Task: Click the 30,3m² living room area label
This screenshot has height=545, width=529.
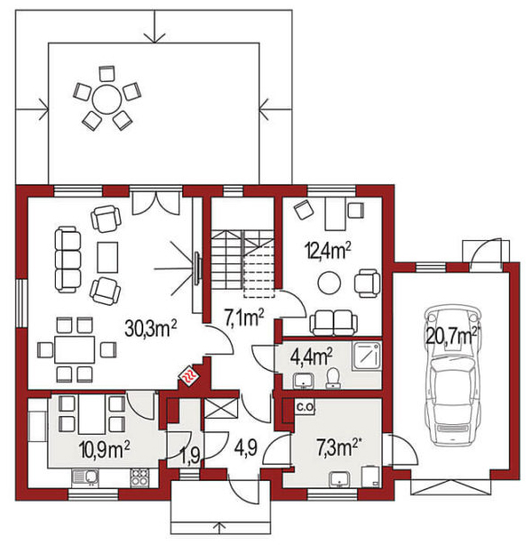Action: click(151, 328)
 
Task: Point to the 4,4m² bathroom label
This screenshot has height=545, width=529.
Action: click(311, 356)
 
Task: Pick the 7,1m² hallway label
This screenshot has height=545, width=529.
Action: click(244, 318)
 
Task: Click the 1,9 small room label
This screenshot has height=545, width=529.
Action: click(190, 456)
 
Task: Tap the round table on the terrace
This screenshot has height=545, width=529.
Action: click(107, 98)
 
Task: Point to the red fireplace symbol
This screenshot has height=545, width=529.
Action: click(189, 375)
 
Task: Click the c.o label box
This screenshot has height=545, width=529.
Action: click(305, 407)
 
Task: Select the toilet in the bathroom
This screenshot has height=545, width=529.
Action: click(333, 377)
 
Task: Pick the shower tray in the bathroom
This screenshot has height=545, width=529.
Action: click(367, 356)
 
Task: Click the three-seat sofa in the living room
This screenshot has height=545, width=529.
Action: click(68, 259)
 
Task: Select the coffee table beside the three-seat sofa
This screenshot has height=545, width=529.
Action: click(107, 257)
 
